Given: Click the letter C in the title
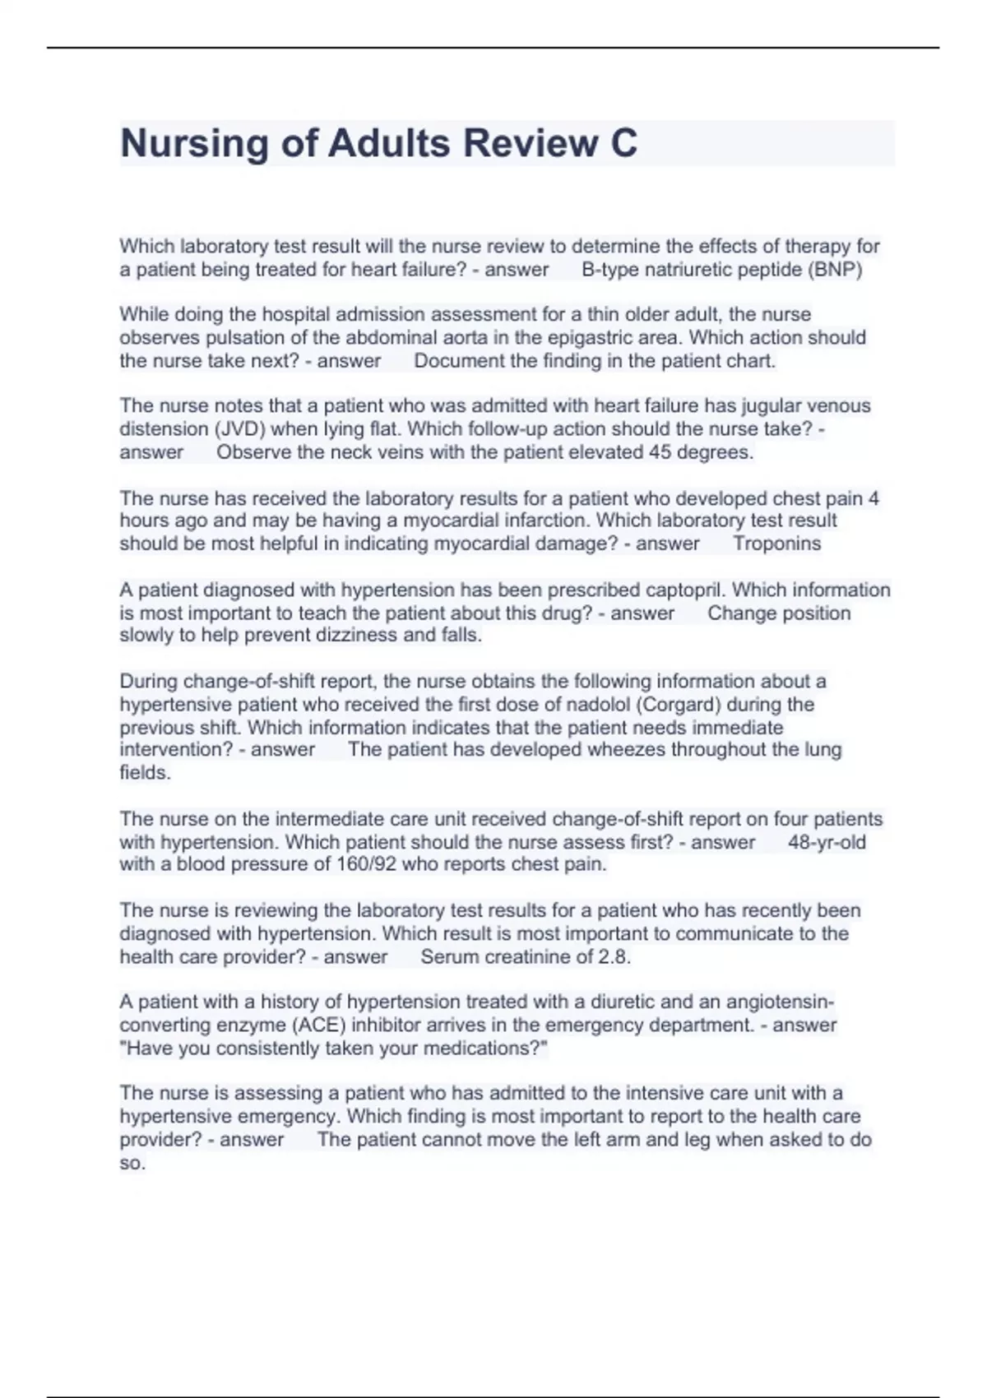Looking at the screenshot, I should point(623,144).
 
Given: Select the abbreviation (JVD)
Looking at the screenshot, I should point(241,429).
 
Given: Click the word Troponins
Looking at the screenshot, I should point(776,544).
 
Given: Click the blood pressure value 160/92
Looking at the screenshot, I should point(367,864).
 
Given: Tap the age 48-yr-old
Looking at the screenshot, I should point(827,842).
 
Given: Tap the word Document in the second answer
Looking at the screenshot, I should point(458,361).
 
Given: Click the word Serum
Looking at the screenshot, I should point(449,957).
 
